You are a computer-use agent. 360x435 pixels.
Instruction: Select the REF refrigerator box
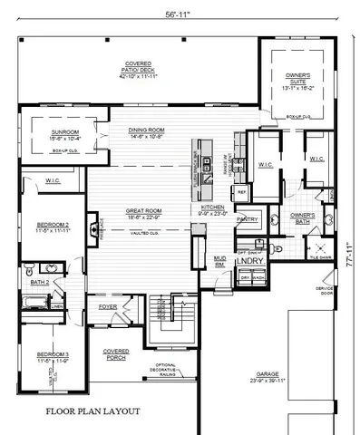coord(242,192)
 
